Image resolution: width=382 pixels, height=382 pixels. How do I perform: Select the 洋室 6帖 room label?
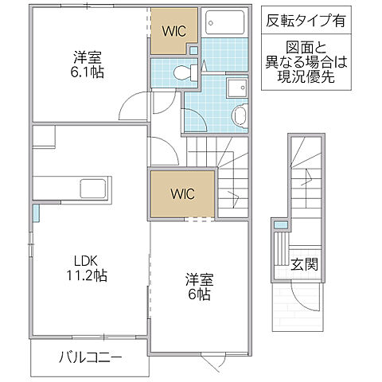pyautogui.click(x=199, y=286)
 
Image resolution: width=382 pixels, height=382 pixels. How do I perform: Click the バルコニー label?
pyautogui.click(x=90, y=357)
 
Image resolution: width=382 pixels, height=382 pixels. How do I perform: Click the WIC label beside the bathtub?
pyautogui.click(x=175, y=32)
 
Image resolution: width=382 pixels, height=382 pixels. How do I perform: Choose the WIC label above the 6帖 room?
pyautogui.click(x=181, y=193)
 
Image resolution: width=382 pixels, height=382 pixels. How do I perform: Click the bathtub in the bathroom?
pyautogui.click(x=227, y=22)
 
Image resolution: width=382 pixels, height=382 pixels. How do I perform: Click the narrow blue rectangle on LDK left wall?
pyautogui.click(x=36, y=212)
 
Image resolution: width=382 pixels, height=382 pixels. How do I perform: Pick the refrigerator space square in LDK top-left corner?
pyautogui.click(x=44, y=136)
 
